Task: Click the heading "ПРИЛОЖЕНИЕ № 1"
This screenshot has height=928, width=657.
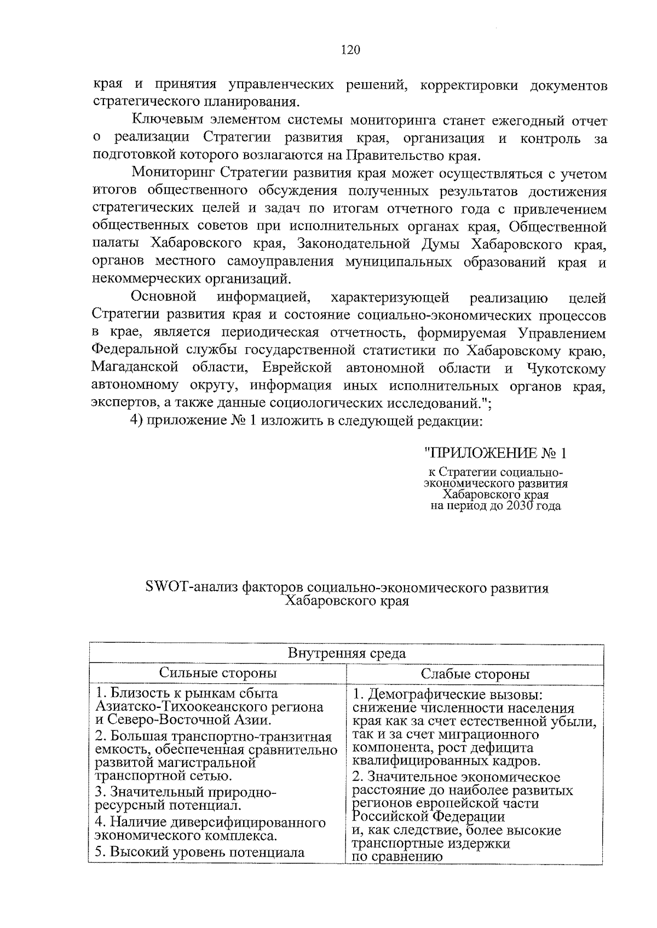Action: pos(495,453)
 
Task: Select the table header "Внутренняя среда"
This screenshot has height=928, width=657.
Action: pos(347,653)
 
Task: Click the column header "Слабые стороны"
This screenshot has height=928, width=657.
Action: pos(475,674)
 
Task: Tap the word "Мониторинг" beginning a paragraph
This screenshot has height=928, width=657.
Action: pos(173,174)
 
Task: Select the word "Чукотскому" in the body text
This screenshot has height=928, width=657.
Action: pos(567,368)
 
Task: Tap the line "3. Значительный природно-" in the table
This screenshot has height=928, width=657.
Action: pos(186,792)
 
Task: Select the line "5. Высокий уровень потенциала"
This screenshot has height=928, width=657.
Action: pos(199,852)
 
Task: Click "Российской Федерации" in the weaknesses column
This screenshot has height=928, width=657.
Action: pos(428,817)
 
